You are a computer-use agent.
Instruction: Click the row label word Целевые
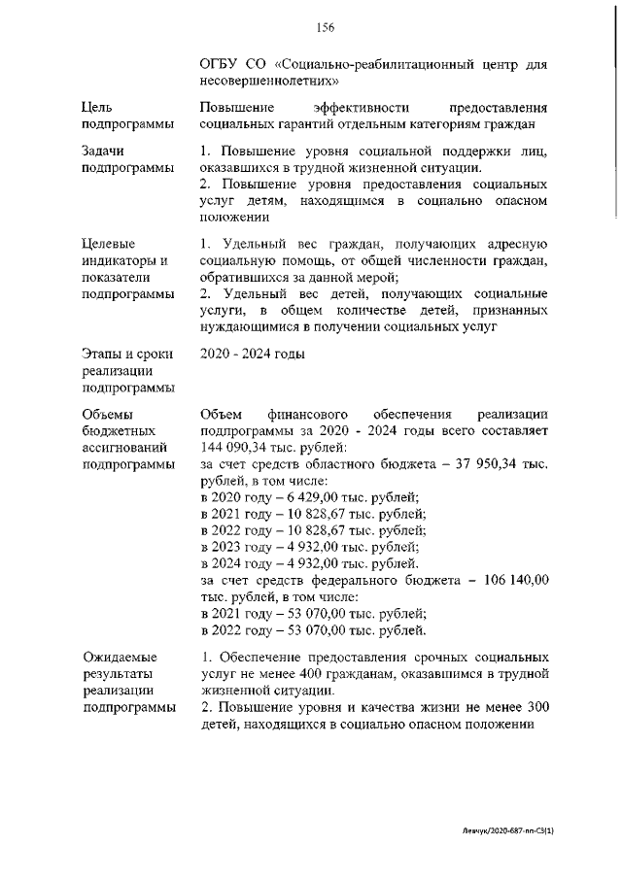point(109,243)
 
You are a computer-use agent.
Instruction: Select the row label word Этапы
point(105,354)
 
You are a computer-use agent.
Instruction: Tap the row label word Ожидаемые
point(120,658)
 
